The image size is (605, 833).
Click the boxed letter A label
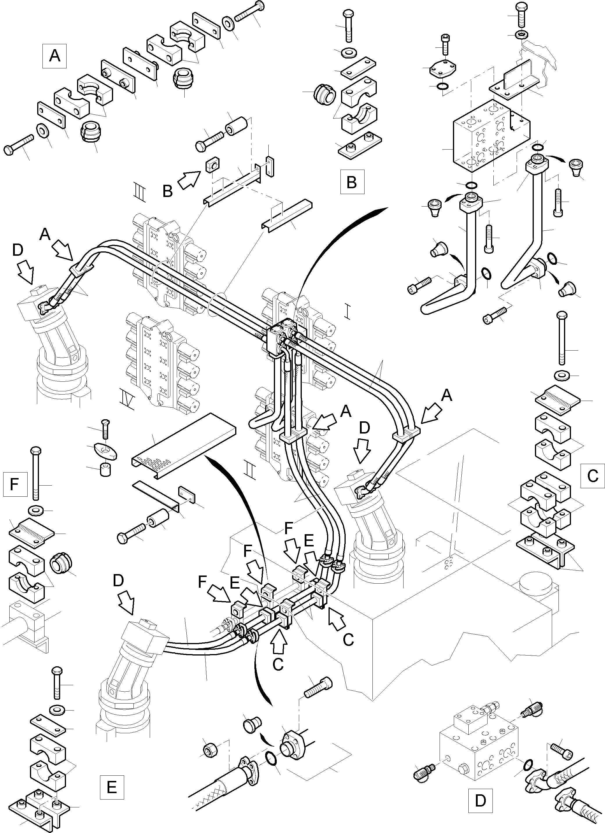54,56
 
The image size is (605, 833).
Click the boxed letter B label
352,182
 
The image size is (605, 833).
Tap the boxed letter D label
480,801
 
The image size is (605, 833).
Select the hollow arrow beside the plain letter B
188,180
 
